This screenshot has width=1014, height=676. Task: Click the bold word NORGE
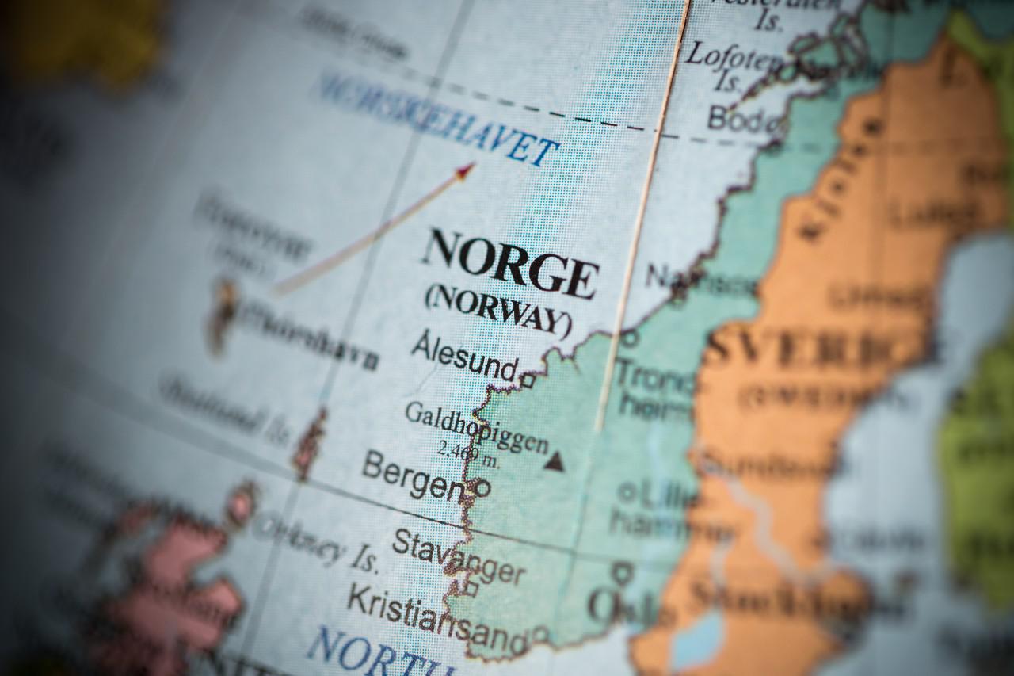[509, 263]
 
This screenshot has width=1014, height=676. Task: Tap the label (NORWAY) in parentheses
[497, 310]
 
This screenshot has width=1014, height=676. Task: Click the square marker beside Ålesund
[528, 380]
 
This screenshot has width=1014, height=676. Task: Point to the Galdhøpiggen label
[476, 427]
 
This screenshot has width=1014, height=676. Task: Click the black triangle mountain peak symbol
[554, 462]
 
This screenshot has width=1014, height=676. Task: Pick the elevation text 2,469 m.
[469, 453]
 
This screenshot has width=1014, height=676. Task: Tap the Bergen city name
[412, 475]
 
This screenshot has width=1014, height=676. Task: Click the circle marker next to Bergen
[482, 488]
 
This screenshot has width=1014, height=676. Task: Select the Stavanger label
[458, 556]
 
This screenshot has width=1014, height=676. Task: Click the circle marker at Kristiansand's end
[540, 634]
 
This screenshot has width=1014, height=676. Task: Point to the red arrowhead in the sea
[465, 169]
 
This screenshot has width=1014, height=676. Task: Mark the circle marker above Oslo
[623, 571]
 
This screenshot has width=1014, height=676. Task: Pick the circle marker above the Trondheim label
[630, 338]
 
